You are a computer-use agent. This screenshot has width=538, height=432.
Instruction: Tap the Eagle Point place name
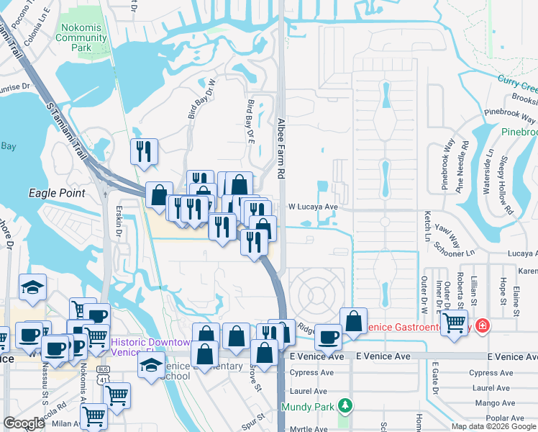pos(57,193)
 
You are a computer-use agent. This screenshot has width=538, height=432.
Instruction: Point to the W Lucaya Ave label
pos(313,207)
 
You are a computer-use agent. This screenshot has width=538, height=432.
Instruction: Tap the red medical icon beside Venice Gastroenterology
pos(480,326)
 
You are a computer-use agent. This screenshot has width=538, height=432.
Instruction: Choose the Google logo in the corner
pos(24,423)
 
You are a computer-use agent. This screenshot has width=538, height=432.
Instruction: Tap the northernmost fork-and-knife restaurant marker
pos(144,151)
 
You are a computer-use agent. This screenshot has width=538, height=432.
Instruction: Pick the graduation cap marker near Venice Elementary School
pos(152,365)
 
